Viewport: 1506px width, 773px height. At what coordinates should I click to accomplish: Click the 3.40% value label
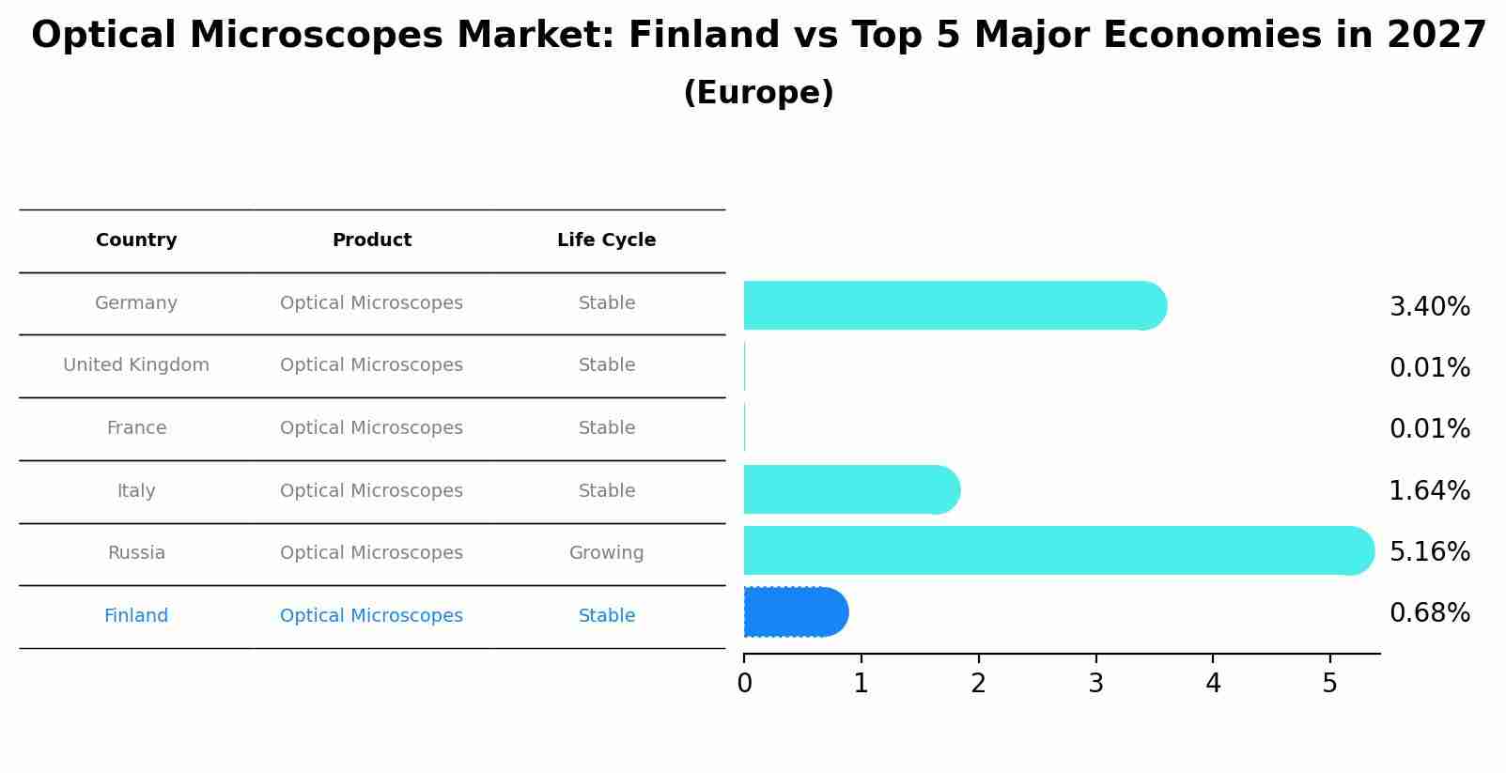pos(1429,307)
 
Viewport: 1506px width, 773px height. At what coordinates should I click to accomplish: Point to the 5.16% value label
pos(1429,551)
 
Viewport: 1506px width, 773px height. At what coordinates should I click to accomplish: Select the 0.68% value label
pos(1429,613)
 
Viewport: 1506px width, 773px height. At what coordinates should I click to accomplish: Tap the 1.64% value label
pos(1429,490)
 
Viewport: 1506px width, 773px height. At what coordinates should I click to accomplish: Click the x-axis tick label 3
pos(1095,684)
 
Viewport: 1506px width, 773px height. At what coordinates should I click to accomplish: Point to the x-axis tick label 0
pos(744,684)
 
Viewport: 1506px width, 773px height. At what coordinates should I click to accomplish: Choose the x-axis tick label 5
pos(1329,684)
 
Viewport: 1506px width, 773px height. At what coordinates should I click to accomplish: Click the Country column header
pos(136,240)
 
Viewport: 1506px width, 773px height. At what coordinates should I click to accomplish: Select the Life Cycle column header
pos(606,240)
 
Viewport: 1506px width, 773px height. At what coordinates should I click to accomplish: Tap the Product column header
pos(371,240)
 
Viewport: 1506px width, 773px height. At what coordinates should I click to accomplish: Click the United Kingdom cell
pos(136,365)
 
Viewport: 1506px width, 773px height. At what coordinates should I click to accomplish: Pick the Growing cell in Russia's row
pos(606,553)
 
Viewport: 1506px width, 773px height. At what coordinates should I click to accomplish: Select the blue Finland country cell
pos(136,616)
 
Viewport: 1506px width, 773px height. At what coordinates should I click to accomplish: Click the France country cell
pos(136,428)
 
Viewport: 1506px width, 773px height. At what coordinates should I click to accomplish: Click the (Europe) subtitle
pos(758,93)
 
